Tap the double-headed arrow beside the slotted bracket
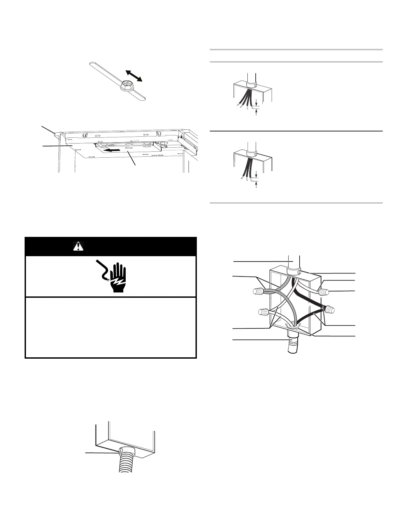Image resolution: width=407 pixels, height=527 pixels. click(x=134, y=76)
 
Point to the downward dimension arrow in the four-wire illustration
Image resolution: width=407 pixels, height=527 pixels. click(x=256, y=103)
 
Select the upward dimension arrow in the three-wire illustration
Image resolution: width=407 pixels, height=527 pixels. click(x=256, y=185)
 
